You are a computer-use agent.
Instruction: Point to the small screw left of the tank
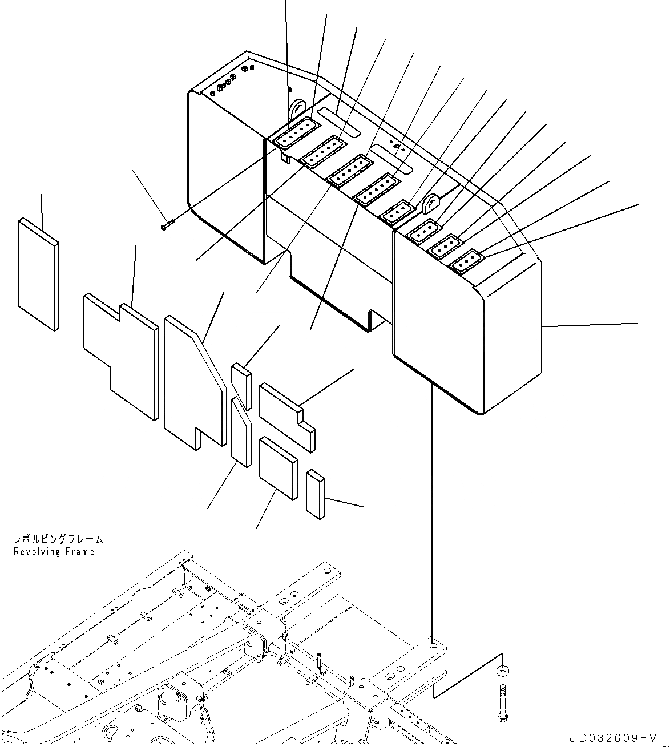pos(166,227)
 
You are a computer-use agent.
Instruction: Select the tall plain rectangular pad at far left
pos(38,274)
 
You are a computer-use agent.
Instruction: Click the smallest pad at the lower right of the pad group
pos(314,494)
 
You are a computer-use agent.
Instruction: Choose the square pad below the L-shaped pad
pos(277,467)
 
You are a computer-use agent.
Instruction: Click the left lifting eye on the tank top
pos(297,108)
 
